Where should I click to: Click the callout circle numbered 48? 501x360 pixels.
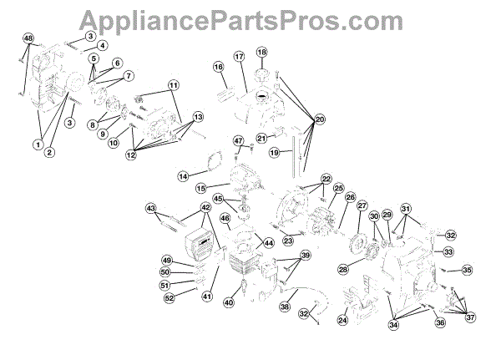28,39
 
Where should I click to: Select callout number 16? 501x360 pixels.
219,66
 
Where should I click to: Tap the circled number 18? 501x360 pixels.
261,52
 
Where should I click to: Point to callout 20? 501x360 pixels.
320,120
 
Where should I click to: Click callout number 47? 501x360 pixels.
238,140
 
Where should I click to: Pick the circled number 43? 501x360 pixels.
151,207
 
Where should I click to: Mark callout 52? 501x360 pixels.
169,297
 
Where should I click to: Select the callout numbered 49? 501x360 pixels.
166,261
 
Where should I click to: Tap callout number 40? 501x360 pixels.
228,303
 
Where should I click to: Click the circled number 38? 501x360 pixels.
286,307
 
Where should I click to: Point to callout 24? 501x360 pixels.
342,320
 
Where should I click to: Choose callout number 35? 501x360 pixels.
467,270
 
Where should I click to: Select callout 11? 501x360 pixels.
174,86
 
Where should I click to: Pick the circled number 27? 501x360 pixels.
362,205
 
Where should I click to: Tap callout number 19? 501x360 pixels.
273,153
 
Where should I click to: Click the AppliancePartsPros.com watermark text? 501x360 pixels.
250,18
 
